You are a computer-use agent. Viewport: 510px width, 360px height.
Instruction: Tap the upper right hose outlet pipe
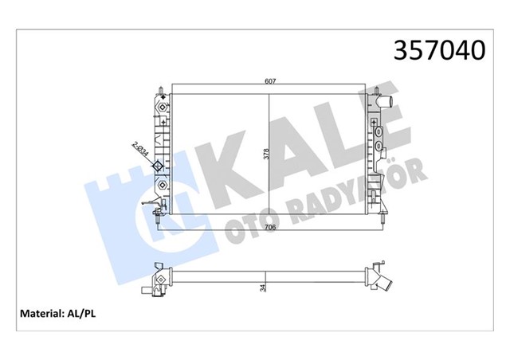click(x=387, y=103)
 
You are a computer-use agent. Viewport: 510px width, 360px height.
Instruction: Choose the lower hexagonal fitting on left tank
click(x=163, y=185)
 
